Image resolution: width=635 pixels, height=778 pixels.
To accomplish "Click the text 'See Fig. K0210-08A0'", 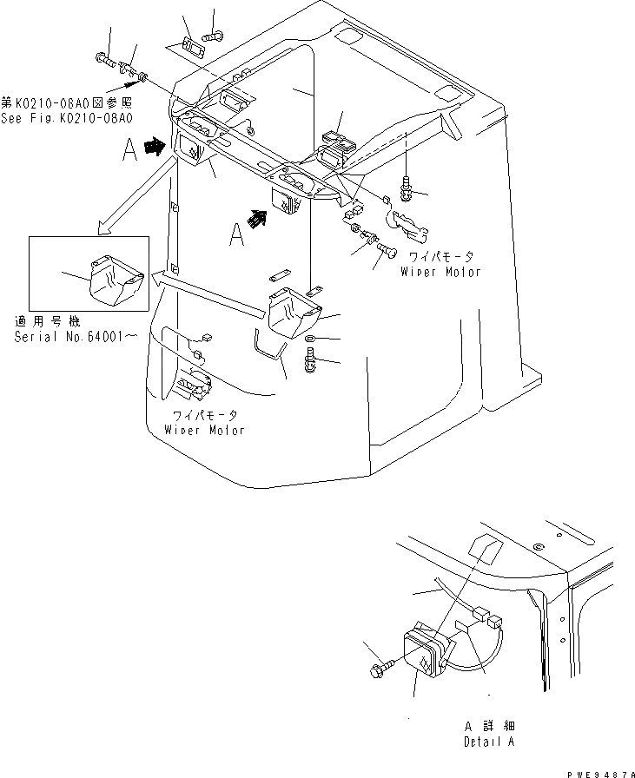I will [x=70, y=119].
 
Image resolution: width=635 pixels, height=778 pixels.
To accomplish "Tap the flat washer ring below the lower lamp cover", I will [x=310, y=340].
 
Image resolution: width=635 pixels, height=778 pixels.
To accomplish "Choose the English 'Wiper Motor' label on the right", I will [x=440, y=272].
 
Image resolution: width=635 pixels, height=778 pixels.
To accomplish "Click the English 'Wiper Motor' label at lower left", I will [x=203, y=430].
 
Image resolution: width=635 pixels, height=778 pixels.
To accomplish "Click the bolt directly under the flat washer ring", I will [x=310, y=359].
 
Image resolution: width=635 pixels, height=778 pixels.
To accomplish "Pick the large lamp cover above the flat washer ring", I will [x=291, y=313].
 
